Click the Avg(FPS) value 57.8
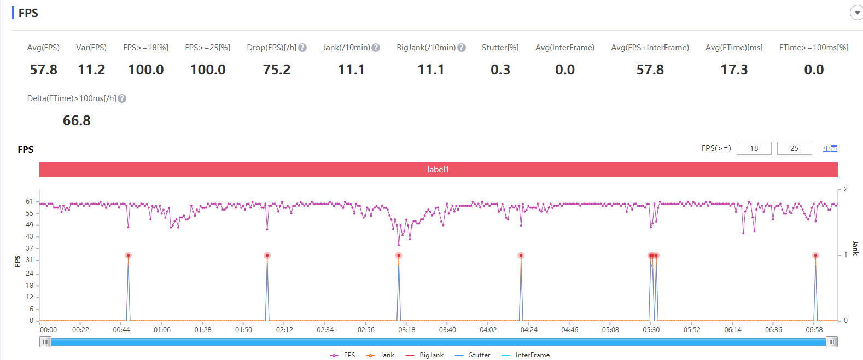[44, 70]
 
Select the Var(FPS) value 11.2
[91, 70]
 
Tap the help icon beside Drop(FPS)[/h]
[303, 48]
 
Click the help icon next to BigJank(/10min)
[462, 48]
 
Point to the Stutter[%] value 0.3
[500, 70]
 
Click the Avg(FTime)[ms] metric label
[734, 48]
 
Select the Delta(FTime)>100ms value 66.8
[77, 121]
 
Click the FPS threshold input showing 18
[754, 148]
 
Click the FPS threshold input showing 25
[795, 148]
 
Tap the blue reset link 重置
[830, 148]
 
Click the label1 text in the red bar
[439, 170]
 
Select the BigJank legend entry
[424, 355]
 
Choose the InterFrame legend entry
[526, 355]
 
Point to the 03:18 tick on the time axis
[406, 330]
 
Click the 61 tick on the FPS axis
[30, 201]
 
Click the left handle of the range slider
[45, 342]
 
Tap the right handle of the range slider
[832, 342]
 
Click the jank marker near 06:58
[815, 256]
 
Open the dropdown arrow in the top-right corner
[856, 13]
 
